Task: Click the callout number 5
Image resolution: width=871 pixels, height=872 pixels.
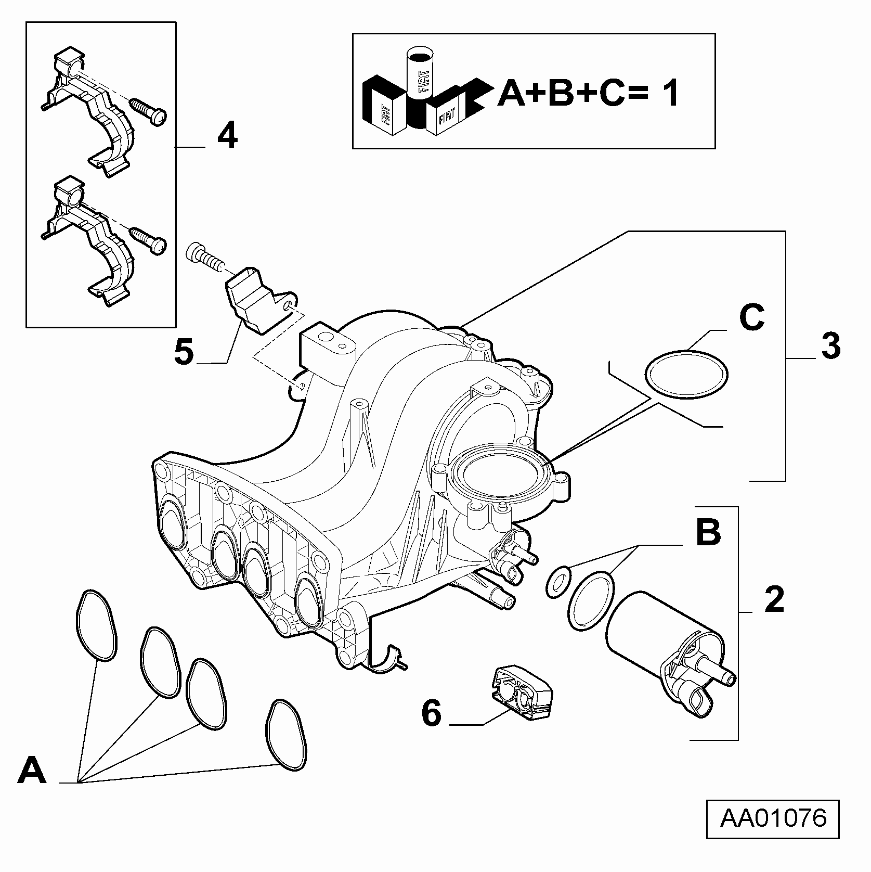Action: [184, 352]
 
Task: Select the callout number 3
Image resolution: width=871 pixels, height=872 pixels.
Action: [830, 346]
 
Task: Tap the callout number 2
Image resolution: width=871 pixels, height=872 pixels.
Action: [774, 599]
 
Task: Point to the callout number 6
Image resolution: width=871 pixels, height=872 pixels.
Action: [431, 713]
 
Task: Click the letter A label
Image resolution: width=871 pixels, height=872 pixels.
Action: [32, 771]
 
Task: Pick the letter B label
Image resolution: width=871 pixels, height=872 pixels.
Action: [708, 532]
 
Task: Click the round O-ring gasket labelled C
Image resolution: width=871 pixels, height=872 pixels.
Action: [686, 373]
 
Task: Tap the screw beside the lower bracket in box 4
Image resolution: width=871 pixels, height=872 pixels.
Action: [148, 240]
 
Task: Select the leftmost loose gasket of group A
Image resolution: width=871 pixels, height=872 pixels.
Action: [96, 625]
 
